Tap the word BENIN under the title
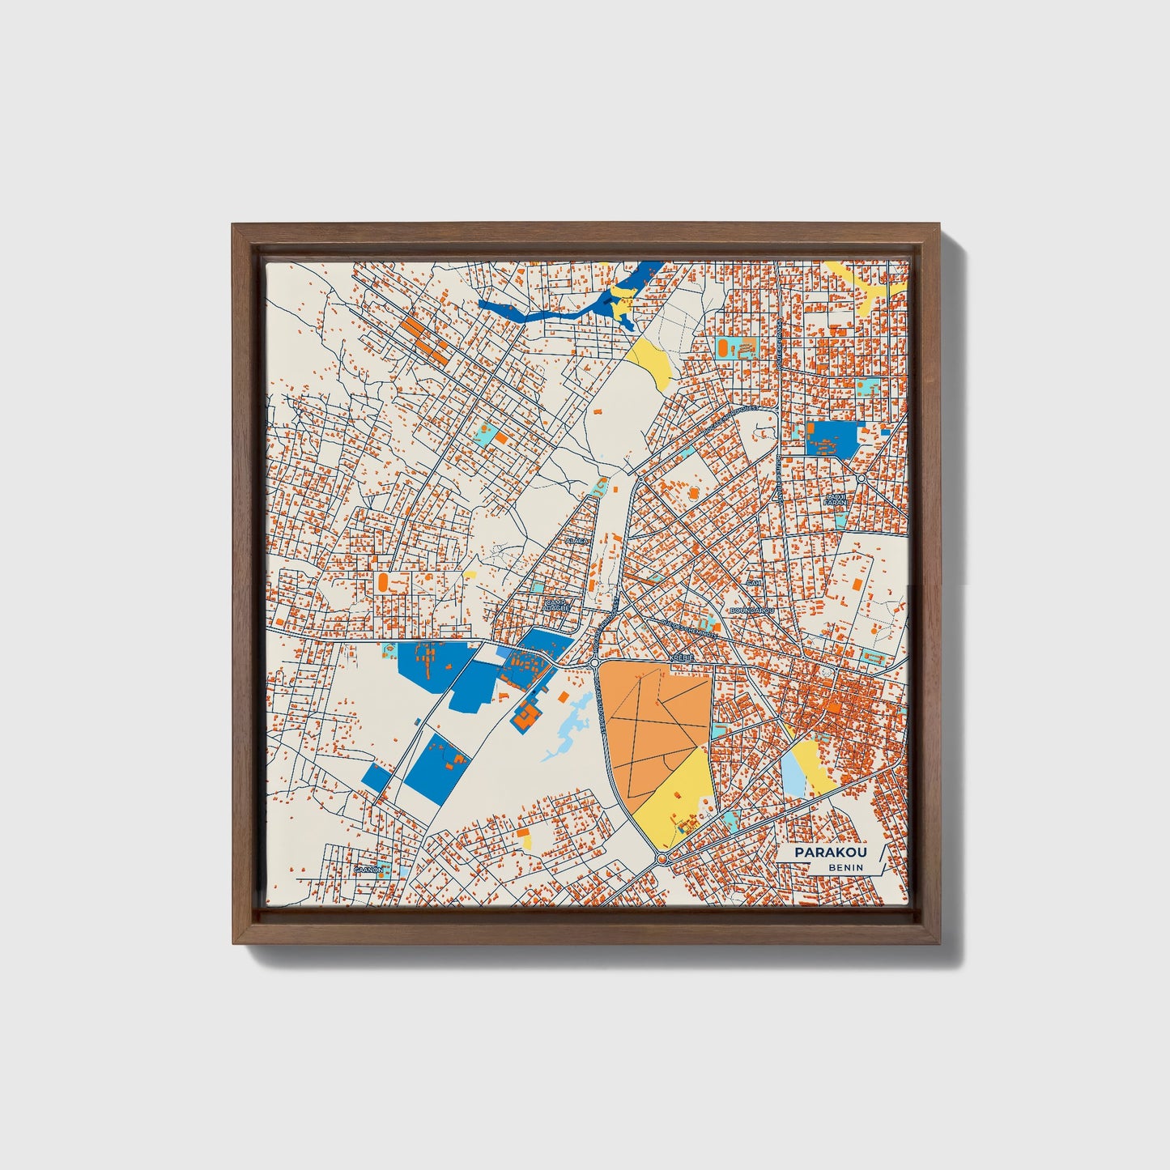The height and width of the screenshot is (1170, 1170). [x=845, y=868]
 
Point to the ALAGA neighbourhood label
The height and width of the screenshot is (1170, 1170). [x=576, y=539]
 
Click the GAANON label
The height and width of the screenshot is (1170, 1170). [x=367, y=870]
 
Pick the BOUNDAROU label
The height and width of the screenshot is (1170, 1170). [x=751, y=610]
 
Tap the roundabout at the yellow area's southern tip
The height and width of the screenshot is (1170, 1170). [x=662, y=858]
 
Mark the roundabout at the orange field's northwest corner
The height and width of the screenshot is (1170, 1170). [x=595, y=663]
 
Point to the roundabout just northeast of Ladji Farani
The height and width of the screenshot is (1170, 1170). [x=861, y=479]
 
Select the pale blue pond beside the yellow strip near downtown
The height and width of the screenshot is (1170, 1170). [x=793, y=772]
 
